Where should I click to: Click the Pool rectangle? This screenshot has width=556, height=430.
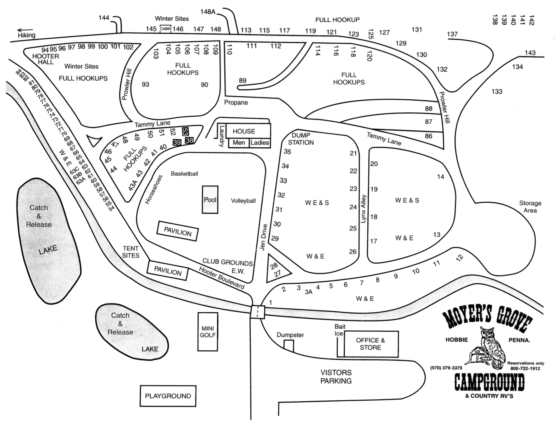pyautogui.click(x=210, y=200)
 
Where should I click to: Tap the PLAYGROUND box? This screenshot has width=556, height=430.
pyautogui.click(x=168, y=396)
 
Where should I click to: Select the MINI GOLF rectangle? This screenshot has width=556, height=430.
pyautogui.click(x=208, y=332)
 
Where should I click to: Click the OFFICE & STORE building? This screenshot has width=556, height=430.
pyautogui.click(x=371, y=344)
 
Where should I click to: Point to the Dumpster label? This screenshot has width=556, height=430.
pyautogui.click(x=290, y=335)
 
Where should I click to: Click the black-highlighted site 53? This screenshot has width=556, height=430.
pyautogui.click(x=185, y=132)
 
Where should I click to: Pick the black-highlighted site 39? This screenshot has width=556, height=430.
pyautogui.click(x=177, y=142)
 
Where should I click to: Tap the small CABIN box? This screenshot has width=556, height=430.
pyautogui.click(x=165, y=29)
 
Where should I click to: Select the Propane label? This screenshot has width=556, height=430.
pyautogui.click(x=236, y=103)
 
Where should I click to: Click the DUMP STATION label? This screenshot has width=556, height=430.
pyautogui.click(x=301, y=139)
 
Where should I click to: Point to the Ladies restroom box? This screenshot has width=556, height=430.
pyautogui.click(x=260, y=143)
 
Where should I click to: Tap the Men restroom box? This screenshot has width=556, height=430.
pyautogui.click(x=239, y=143)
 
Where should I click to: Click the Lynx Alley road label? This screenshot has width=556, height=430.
pyautogui.click(x=364, y=209)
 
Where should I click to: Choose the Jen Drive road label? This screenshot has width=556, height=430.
pyautogui.click(x=263, y=237)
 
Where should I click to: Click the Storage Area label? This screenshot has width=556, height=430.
pyautogui.click(x=530, y=207)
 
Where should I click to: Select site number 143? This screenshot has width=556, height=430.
pyautogui.click(x=530, y=53)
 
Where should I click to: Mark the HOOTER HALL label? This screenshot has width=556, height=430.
pyautogui.click(x=46, y=59)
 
